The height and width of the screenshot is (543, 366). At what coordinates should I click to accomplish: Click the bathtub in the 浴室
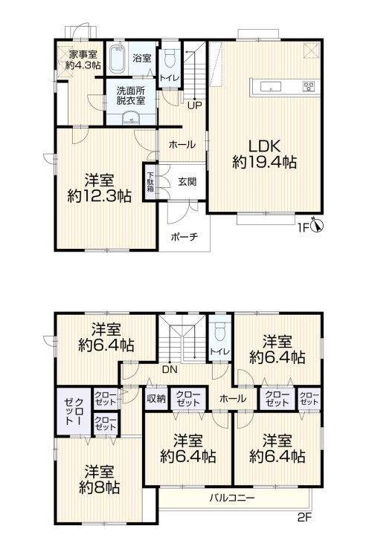click(x=118, y=59)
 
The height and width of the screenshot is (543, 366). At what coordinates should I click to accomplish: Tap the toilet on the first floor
click(x=170, y=58)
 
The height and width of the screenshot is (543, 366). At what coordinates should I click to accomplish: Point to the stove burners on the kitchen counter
click(x=309, y=86)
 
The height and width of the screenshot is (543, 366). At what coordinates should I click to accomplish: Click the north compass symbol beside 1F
click(x=318, y=226)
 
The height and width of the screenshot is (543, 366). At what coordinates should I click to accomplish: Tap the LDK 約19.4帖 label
click(x=264, y=154)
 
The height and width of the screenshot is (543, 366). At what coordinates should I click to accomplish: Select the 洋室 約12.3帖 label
click(x=100, y=189)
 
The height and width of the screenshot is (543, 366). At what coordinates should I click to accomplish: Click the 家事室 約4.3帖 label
click(x=83, y=59)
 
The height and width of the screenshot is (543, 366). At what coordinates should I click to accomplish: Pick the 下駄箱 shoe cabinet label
click(x=150, y=182)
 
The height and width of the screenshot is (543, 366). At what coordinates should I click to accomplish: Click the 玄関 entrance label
click(x=187, y=181)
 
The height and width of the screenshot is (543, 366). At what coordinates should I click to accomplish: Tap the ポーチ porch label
click(x=184, y=237)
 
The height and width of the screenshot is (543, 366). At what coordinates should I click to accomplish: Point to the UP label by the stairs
click(x=195, y=105)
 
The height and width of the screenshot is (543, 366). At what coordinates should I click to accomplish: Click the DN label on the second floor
click(x=170, y=369)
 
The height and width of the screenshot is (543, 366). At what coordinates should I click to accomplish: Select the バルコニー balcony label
click(x=232, y=498)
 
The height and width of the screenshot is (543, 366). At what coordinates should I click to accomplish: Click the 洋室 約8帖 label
click(x=100, y=480)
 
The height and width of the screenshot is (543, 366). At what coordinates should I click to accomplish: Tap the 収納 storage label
click(x=156, y=399)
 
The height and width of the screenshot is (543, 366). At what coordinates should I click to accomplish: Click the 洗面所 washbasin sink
click(x=131, y=118)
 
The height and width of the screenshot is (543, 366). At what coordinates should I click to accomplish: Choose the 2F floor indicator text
click(x=305, y=518)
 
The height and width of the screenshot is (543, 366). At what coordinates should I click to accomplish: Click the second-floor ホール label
click(x=233, y=399)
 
